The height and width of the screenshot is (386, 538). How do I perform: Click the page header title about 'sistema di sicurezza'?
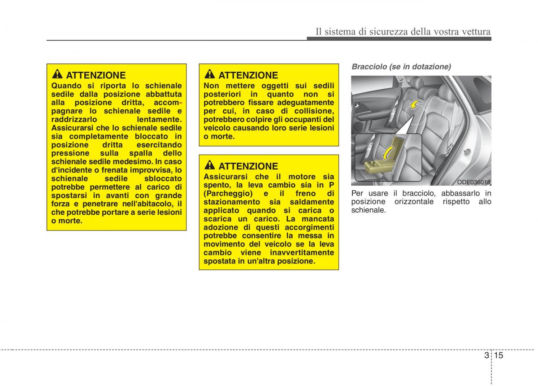[403, 32]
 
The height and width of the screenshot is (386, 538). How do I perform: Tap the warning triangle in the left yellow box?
[57, 74]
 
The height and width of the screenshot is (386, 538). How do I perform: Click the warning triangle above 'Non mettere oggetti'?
[210, 74]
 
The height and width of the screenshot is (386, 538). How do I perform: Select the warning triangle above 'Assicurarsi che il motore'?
[210, 165]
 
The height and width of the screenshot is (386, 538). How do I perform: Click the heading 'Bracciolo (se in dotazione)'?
[401, 66]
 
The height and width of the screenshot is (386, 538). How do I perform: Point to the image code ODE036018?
[473, 182]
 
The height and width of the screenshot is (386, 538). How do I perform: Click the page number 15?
[499, 355]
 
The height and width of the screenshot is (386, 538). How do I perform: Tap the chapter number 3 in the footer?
[486, 355]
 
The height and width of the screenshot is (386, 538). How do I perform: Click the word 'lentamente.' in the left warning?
[159, 119]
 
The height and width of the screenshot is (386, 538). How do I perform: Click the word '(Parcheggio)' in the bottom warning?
[228, 194]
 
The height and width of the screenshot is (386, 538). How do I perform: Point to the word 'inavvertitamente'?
[302, 252]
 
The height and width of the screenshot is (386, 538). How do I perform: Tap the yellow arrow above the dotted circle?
[415, 105]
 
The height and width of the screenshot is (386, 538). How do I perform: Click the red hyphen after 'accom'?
[181, 103]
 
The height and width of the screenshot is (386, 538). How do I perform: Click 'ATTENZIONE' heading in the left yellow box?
[96, 75]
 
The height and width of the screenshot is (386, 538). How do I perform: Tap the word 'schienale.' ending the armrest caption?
[369, 210]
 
